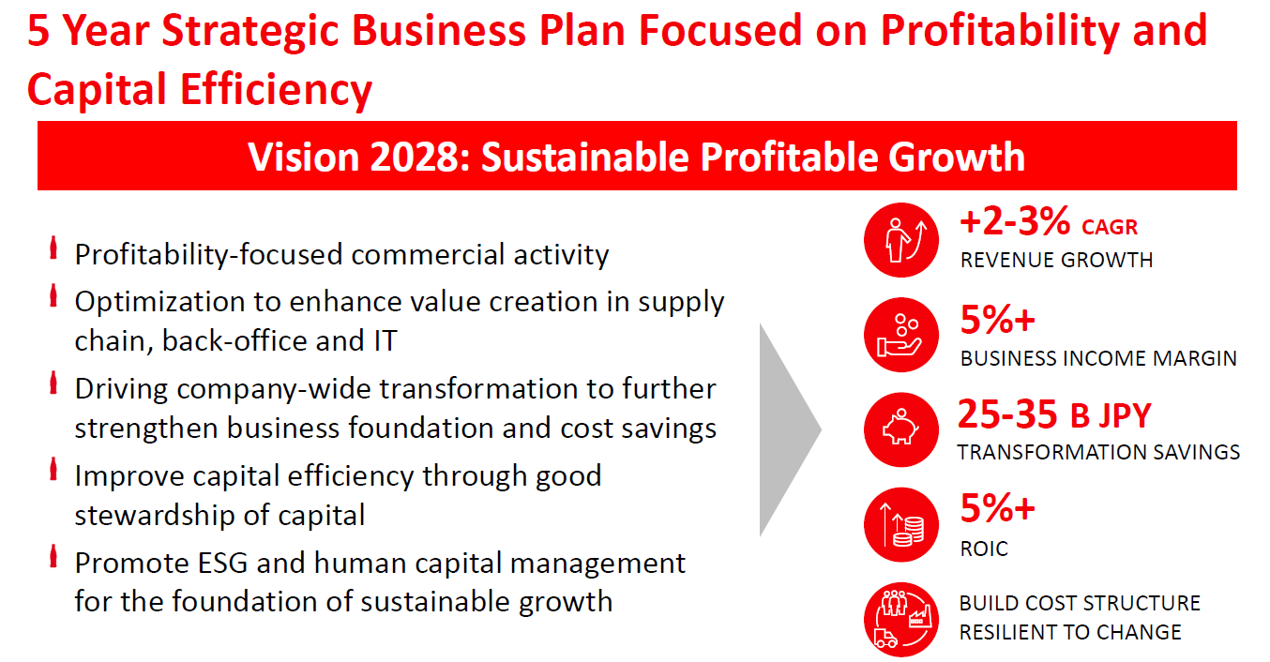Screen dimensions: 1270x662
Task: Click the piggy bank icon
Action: (900, 429)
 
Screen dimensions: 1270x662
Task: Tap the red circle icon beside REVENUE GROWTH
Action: (900, 240)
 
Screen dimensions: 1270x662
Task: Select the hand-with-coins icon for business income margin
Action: (900, 335)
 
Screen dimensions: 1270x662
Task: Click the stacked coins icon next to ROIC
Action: (900, 525)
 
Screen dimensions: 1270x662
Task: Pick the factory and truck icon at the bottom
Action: (900, 620)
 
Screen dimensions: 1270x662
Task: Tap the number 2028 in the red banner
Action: (420, 157)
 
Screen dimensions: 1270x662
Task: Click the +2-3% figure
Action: (1015, 221)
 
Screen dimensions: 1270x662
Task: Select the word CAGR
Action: (1110, 227)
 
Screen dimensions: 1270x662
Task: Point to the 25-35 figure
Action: (1007, 414)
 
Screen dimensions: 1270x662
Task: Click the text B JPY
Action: (1111, 415)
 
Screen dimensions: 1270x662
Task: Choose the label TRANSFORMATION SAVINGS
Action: (1098, 452)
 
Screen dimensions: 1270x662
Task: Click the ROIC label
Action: (984, 549)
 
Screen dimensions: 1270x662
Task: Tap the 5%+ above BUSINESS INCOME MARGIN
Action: (997, 319)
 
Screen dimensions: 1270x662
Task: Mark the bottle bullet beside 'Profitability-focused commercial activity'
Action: (53, 248)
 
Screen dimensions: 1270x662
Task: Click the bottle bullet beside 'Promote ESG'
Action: (53, 556)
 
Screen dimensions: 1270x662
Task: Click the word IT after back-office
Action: (386, 340)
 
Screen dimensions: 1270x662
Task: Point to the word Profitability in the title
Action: (1000, 31)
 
